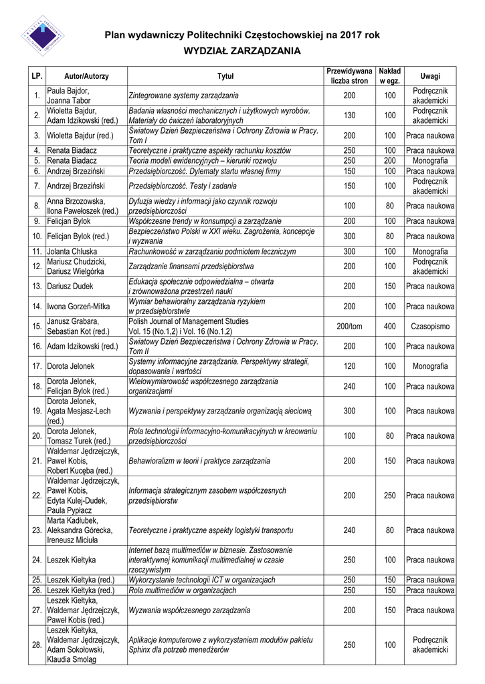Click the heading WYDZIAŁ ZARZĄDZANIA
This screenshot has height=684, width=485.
click(x=242, y=50)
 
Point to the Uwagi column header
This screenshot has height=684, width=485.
click(x=430, y=76)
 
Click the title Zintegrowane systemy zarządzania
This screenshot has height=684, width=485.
click(x=183, y=96)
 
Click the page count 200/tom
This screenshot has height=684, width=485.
click(x=349, y=326)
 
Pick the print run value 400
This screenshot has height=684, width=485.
click(x=389, y=326)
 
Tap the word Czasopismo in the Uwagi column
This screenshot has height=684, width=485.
click(x=430, y=326)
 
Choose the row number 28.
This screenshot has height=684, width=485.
click(x=36, y=645)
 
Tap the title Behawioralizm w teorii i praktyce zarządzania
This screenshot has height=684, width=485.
click(x=199, y=461)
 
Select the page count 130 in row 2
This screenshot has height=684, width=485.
click(x=349, y=116)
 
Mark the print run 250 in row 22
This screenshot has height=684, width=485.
click(x=389, y=495)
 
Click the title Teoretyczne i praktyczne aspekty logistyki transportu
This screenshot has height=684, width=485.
click(x=210, y=530)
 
